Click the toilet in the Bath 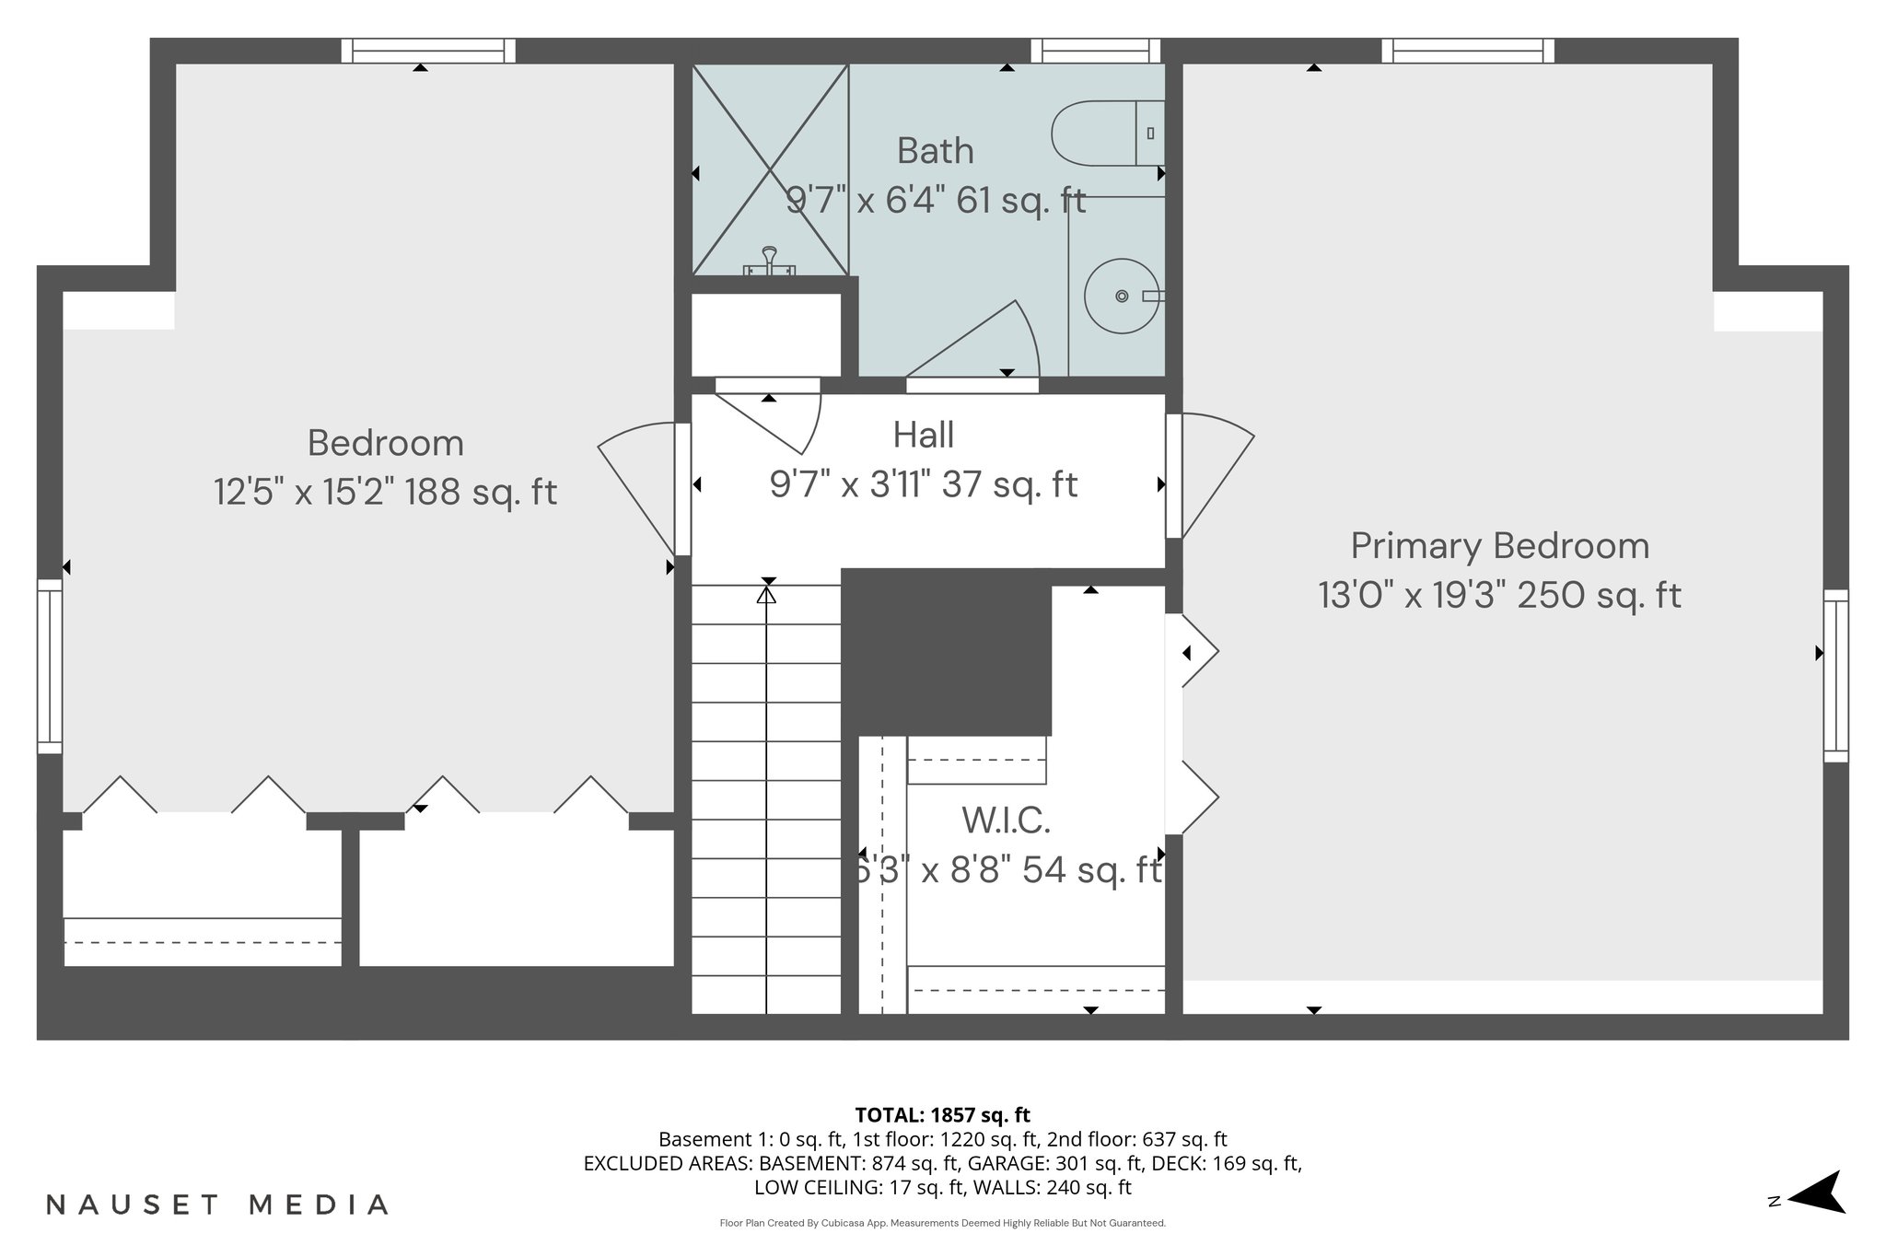1105,134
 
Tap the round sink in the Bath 1121,296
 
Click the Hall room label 923,436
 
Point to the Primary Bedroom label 1499,546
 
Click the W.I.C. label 1006,820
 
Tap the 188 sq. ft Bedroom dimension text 385,492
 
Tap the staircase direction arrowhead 766,596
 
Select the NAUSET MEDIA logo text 217,1205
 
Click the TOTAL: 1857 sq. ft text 942,1115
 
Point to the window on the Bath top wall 1095,51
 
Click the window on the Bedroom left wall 50,666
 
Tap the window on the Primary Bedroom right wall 1835,675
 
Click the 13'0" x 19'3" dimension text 1499,596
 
